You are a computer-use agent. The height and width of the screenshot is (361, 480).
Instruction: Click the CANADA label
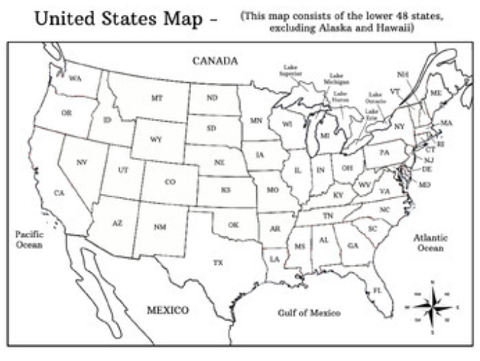point(215,61)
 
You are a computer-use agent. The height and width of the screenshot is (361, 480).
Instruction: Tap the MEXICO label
point(168,310)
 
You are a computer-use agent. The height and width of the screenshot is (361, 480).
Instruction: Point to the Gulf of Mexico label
point(309,313)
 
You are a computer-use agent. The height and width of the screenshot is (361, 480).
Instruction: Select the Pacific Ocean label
point(30,239)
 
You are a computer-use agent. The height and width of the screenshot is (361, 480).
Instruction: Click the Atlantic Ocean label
point(430,243)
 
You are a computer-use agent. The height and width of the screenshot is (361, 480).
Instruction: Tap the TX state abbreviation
point(218,263)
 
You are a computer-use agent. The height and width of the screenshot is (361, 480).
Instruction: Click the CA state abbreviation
point(59,193)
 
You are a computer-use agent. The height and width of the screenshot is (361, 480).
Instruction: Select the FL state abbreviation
point(377,290)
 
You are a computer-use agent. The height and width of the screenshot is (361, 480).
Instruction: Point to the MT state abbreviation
point(156,98)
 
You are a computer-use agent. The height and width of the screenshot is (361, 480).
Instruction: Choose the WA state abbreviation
point(76,79)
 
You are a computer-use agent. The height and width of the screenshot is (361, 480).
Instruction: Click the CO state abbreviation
point(170,182)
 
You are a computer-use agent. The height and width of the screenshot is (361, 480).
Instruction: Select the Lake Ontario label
point(375,98)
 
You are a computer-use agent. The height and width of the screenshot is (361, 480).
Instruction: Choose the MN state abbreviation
point(256,121)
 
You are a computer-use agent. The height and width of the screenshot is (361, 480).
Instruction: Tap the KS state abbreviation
point(226,190)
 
